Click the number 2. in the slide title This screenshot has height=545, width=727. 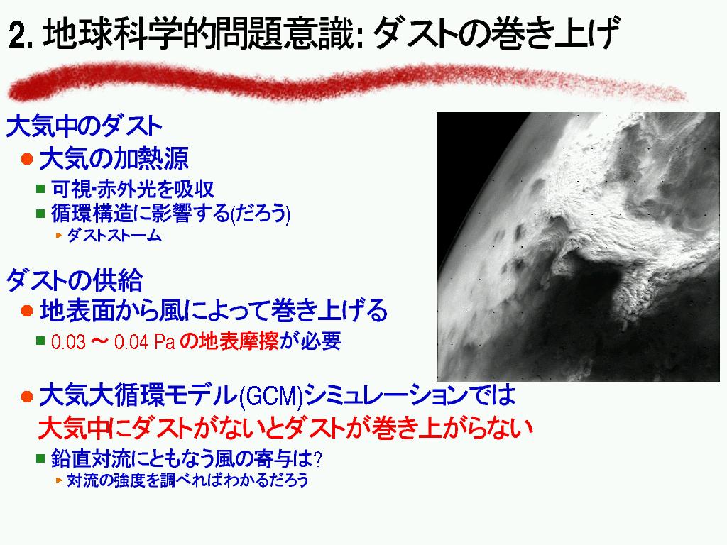tap(21, 35)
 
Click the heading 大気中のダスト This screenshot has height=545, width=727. tap(84, 126)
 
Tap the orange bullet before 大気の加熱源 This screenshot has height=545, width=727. tap(27, 159)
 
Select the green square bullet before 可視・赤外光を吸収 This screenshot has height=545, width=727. tap(40, 189)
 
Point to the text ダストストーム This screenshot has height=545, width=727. tap(114, 235)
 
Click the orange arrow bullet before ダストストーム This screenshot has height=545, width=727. tap(59, 236)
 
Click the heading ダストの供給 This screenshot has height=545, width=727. tap(74, 280)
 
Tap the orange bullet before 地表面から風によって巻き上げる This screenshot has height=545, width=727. tap(27, 311)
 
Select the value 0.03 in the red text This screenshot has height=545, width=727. tap(69, 342)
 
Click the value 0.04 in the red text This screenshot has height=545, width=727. tap(131, 342)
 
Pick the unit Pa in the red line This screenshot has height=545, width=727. tap(164, 342)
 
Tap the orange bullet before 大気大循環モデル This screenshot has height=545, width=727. tap(27, 397)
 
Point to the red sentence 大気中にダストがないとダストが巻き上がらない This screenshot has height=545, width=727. tap(285, 428)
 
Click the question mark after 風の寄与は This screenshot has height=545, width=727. tap(317, 459)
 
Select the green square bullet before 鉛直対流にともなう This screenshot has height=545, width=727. tap(40, 459)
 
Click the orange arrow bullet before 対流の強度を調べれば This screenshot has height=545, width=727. tap(59, 480)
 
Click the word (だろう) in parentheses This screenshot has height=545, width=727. tap(260, 214)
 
